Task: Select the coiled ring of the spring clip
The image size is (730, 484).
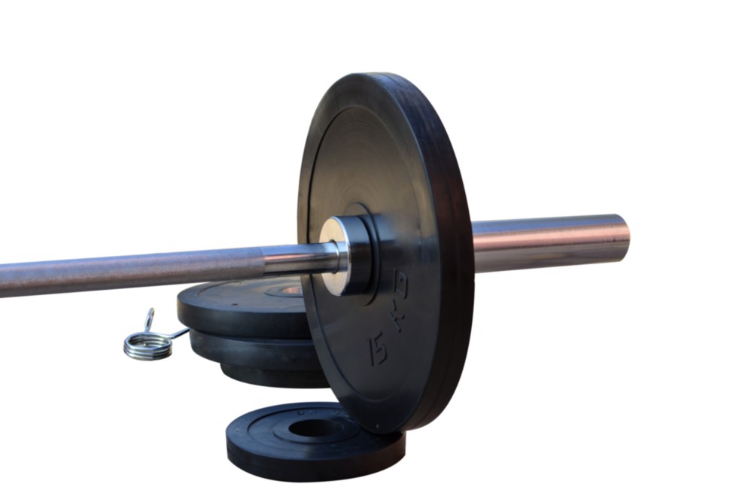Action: (148, 346)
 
